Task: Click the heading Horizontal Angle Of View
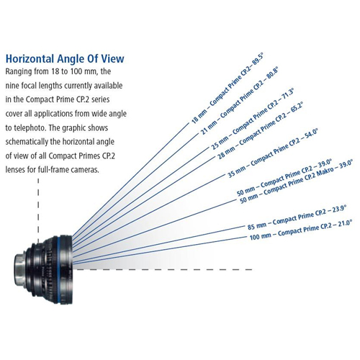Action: click(65, 59)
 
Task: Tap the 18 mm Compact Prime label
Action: click(228, 89)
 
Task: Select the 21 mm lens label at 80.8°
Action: click(240, 101)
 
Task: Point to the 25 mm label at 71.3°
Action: click(252, 119)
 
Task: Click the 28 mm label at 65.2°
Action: click(260, 130)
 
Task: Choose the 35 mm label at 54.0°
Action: click(273, 153)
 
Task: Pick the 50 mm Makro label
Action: click(297, 181)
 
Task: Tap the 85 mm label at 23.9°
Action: click(297, 217)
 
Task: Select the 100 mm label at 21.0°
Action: click(301, 230)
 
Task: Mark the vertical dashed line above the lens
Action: click(38, 207)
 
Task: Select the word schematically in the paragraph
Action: click(27, 142)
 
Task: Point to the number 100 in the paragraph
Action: click(76, 71)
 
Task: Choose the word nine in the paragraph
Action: click(12, 86)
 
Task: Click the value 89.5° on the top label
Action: click(257, 59)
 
